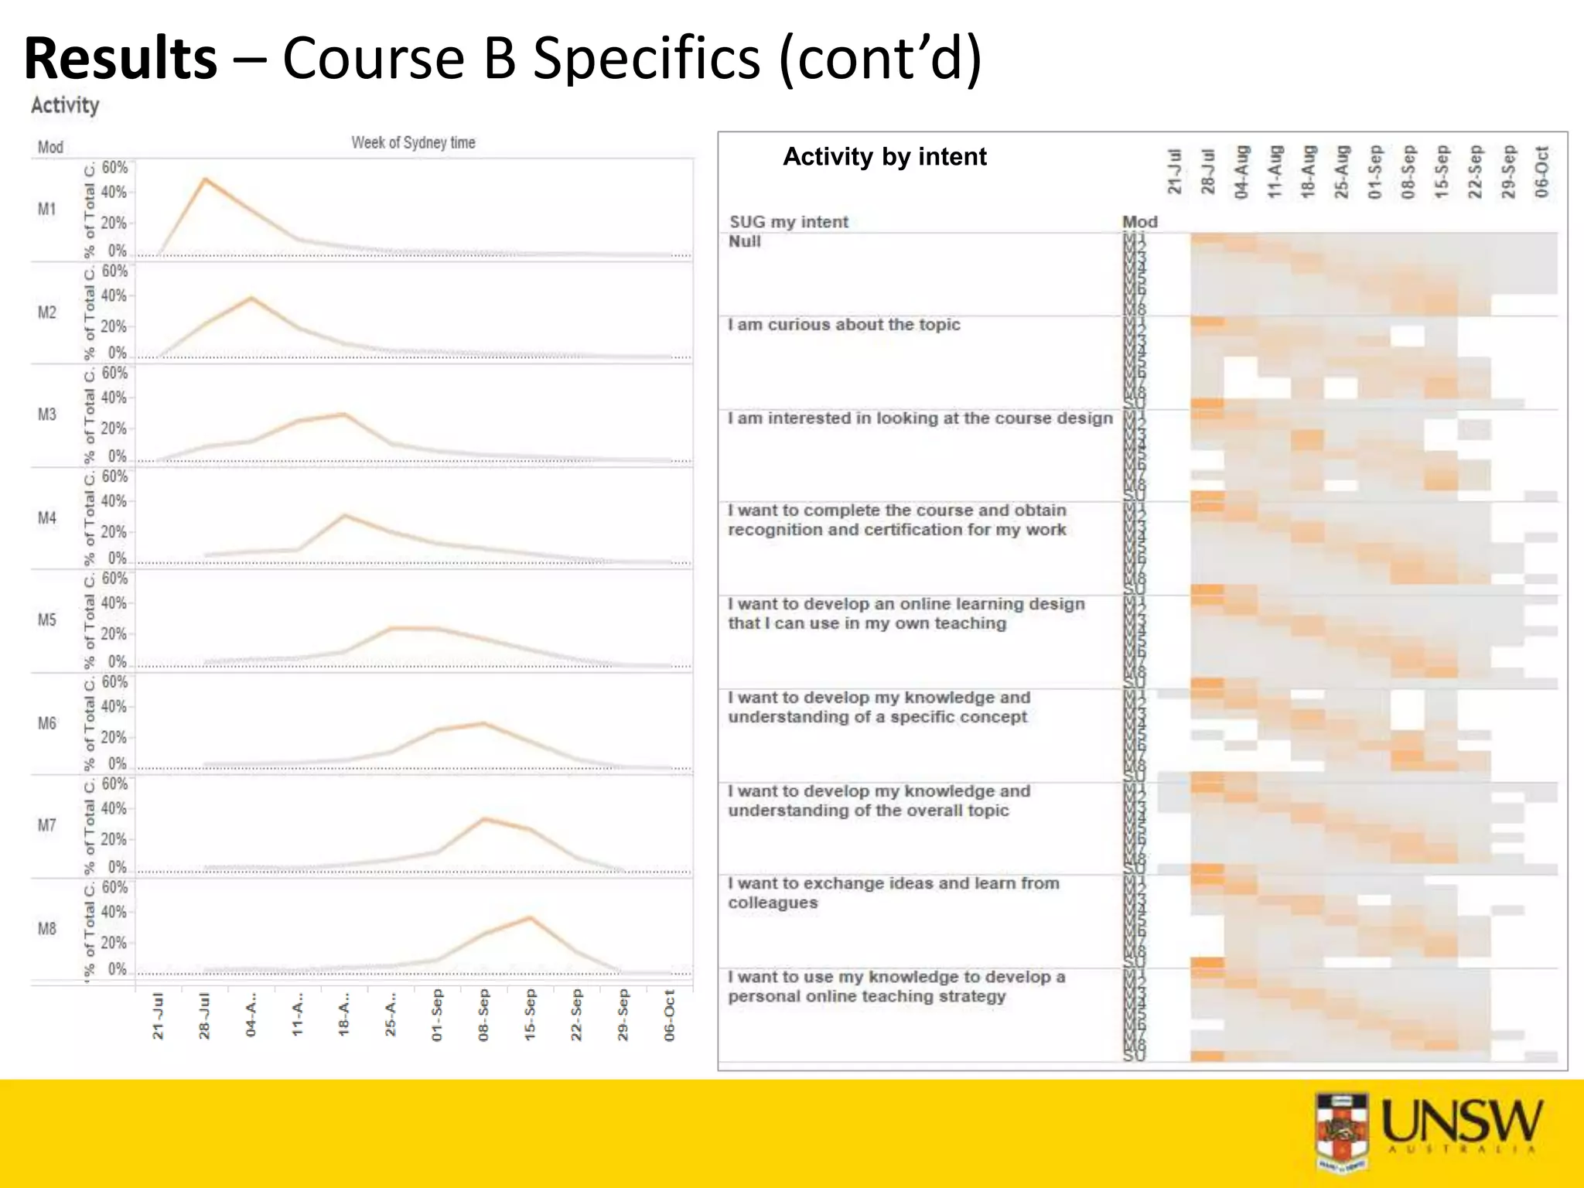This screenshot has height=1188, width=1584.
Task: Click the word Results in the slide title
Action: point(121,59)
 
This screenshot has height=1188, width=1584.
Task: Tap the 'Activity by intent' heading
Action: point(884,157)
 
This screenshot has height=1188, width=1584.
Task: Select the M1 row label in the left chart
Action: point(47,209)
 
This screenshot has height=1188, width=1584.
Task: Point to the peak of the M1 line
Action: point(205,179)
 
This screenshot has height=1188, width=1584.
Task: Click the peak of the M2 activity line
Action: point(251,298)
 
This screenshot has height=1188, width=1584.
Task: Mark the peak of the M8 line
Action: point(530,918)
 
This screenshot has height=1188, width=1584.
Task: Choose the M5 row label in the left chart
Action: point(47,620)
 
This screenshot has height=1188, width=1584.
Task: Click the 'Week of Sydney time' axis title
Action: point(413,142)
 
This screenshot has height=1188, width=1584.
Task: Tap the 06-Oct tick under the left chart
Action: point(670,1016)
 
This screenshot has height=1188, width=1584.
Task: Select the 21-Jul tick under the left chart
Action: point(159,1016)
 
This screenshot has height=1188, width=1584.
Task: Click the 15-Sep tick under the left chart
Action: point(530,1016)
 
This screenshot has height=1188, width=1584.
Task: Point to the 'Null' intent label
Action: point(744,241)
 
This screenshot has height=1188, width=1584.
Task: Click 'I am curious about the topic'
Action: point(844,325)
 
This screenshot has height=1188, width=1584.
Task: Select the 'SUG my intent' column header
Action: point(788,222)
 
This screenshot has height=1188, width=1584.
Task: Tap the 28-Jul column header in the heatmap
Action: point(1207,172)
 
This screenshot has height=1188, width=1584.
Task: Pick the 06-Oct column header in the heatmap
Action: point(1541,172)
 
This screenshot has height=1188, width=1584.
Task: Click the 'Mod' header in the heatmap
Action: point(1139,222)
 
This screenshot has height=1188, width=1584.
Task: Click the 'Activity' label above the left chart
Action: point(65,105)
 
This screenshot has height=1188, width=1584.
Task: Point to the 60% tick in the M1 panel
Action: point(114,167)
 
